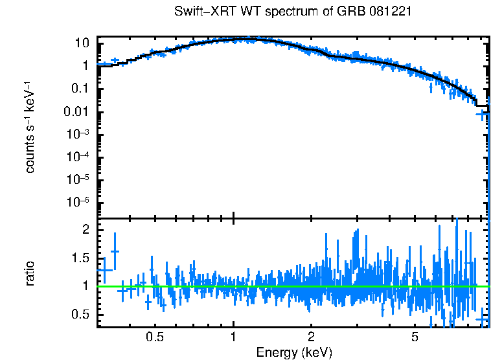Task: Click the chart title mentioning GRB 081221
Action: coord(293,12)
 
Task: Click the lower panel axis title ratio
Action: coord(30,273)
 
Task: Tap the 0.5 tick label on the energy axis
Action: coord(154,337)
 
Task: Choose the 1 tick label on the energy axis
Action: coord(233,337)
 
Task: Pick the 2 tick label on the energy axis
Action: coord(312,337)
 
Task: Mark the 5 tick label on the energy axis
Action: coord(415,337)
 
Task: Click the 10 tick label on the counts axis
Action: coord(82,43)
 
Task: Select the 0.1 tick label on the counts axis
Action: coord(79,89)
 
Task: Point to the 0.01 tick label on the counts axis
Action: coord(76,111)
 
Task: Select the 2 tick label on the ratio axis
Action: coord(84,230)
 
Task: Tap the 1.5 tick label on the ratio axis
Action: coord(80,258)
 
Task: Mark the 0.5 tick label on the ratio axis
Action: coord(80,314)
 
